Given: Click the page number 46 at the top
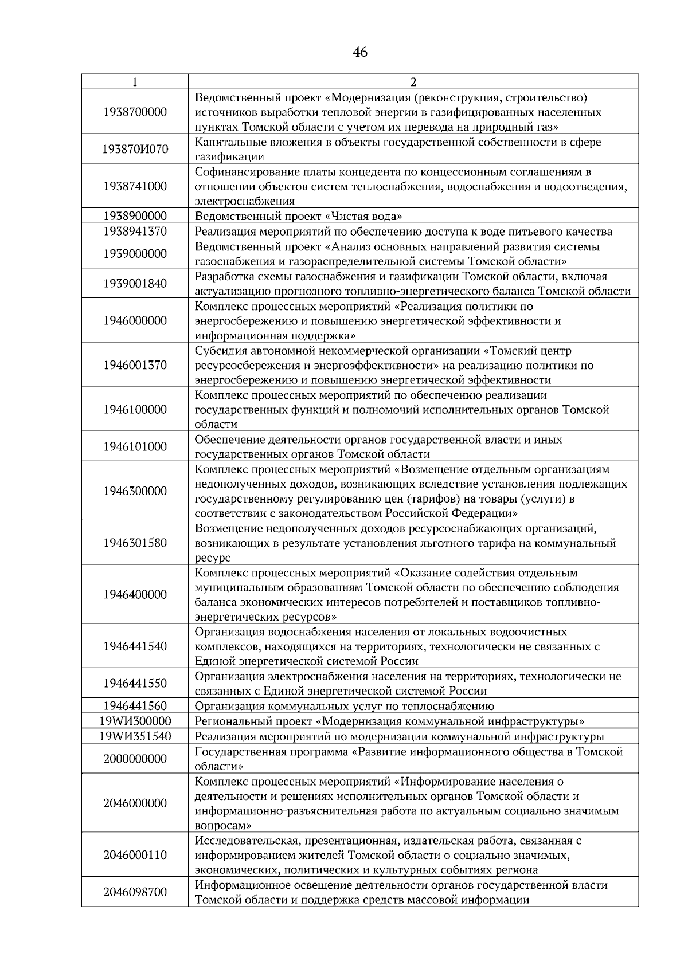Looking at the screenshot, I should (x=360, y=53).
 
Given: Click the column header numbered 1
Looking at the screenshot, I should (x=135, y=82).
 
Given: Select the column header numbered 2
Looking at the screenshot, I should (x=413, y=82).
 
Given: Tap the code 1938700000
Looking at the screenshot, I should (x=135, y=112).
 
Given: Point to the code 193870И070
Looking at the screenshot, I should (x=135, y=150).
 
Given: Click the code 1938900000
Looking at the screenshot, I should (x=135, y=216).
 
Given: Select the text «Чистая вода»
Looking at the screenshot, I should (x=364, y=216).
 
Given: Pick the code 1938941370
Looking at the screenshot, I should (x=135, y=232).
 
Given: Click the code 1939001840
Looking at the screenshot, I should (x=135, y=284).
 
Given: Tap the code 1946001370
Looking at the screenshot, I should (x=135, y=365).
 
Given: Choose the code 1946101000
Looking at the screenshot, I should (x=135, y=447).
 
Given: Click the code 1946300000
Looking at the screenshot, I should (x=135, y=491).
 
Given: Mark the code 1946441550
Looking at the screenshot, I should (x=135, y=683).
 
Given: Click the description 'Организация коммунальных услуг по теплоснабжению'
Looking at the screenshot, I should (x=344, y=706).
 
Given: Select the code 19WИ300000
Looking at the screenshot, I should (x=135, y=721).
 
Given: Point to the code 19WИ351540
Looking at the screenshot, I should (x=135, y=736).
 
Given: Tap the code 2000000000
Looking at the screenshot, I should (x=135, y=759).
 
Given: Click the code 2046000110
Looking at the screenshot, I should (x=135, y=855).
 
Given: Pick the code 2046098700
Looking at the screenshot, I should (x=135, y=892).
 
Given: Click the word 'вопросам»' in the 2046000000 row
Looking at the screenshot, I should (x=222, y=826).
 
